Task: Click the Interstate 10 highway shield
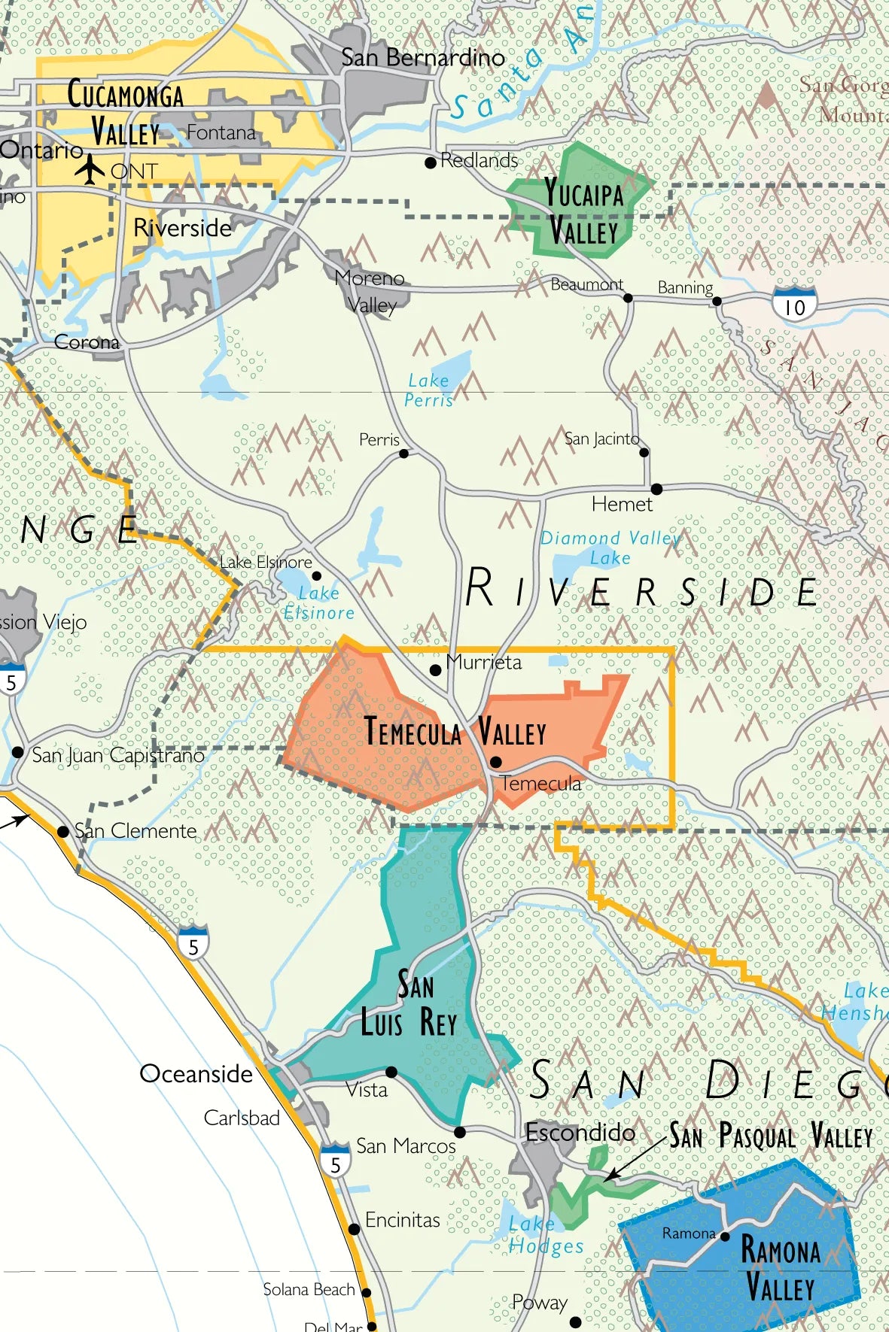(x=794, y=305)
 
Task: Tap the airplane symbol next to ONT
(x=90, y=169)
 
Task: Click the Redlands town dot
(x=431, y=162)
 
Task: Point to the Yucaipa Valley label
(x=584, y=212)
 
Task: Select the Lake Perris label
(x=429, y=390)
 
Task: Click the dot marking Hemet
(x=656, y=489)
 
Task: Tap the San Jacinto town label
(x=601, y=438)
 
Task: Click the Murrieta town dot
(x=435, y=669)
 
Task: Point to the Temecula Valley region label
(x=455, y=731)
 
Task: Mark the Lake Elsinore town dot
(x=316, y=576)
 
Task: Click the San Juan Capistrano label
(x=118, y=755)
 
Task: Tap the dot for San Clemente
(x=63, y=831)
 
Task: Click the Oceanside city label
(x=196, y=1073)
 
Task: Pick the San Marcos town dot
(x=460, y=1132)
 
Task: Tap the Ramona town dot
(x=725, y=1236)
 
